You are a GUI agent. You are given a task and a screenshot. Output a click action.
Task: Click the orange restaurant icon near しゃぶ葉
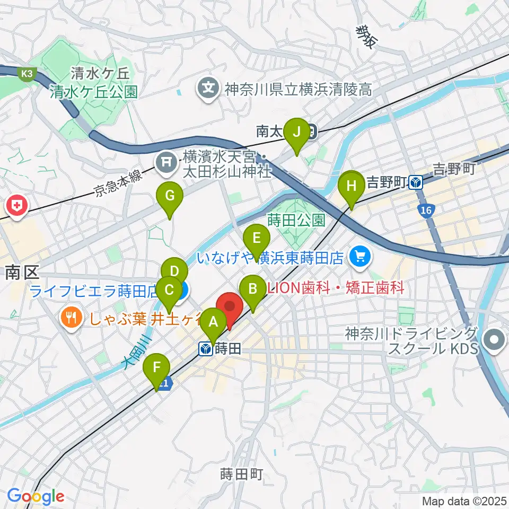(x=70, y=319)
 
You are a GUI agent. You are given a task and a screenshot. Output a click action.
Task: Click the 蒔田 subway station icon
(x=205, y=349)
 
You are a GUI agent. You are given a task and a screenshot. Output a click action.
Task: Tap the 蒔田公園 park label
(x=296, y=220)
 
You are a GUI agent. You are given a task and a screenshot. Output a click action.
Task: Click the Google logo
(x=36, y=496)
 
